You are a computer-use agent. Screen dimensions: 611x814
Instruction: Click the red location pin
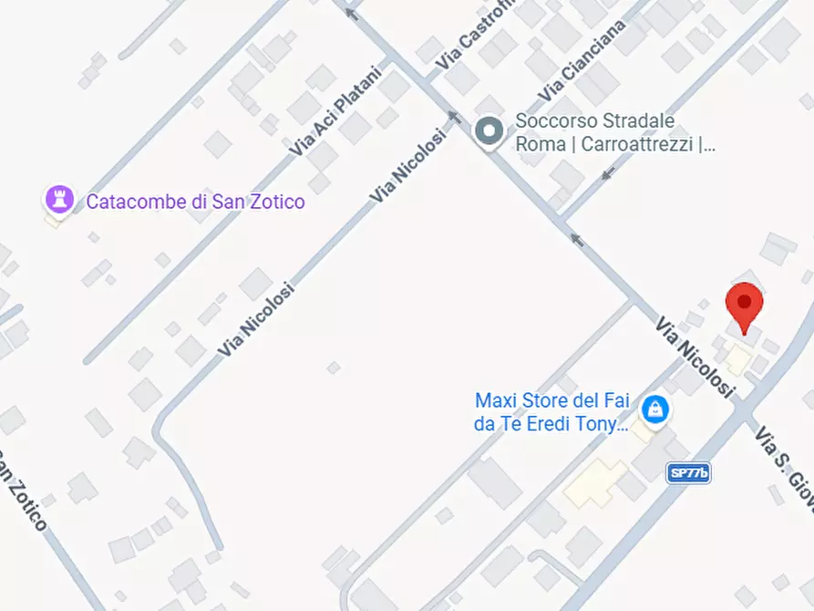click(x=744, y=305)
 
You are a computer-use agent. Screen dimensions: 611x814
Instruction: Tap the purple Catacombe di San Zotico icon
click(x=59, y=198)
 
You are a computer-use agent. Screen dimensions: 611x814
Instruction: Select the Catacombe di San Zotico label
click(x=195, y=202)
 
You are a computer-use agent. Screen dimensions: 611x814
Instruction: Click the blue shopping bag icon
click(x=654, y=409)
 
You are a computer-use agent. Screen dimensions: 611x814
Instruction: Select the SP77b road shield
click(x=688, y=472)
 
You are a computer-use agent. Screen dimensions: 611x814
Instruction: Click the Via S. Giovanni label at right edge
click(x=783, y=457)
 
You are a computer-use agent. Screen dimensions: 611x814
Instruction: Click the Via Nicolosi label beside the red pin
click(x=695, y=357)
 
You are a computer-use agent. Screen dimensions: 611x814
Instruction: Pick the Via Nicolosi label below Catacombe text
click(x=256, y=320)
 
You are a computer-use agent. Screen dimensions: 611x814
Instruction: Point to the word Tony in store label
click(x=603, y=424)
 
